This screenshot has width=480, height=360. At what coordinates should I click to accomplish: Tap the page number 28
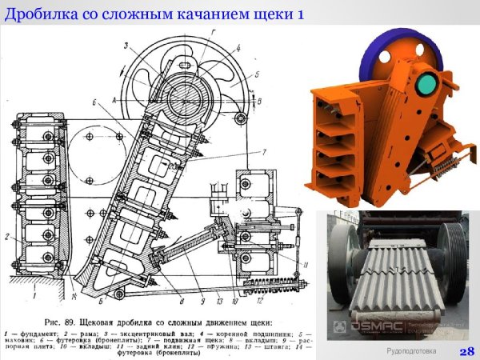466,350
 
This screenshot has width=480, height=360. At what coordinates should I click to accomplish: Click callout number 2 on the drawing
7,236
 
